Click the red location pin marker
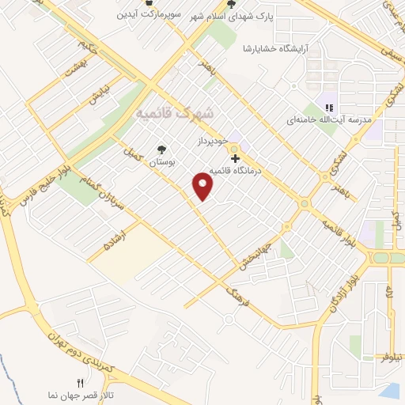[203, 186]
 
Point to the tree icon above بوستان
[162, 149]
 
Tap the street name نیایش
[96, 96]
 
